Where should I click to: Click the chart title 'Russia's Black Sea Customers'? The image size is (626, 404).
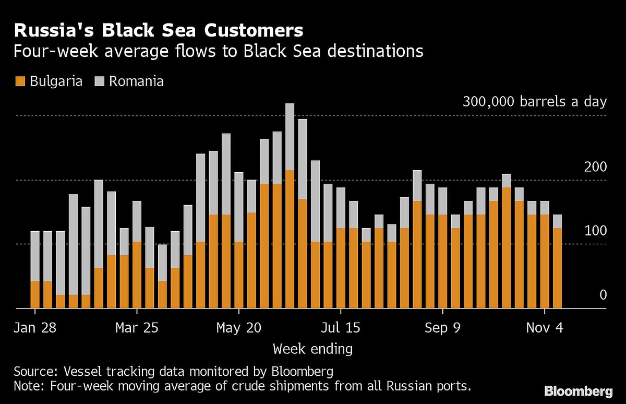158,30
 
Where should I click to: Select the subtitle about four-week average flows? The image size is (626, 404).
218,52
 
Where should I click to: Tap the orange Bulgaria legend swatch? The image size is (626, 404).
20,81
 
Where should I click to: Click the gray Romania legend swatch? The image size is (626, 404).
99,81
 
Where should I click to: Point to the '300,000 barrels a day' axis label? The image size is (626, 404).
534,101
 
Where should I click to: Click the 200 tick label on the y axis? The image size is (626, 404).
595,167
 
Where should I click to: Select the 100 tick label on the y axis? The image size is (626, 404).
595,231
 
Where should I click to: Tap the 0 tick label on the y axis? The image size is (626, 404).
603,295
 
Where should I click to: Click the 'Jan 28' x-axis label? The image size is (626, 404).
35,328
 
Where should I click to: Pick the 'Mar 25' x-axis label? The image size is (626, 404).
137,328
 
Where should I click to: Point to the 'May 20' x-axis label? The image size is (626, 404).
238,328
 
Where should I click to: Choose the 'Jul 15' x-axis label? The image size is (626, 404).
340,328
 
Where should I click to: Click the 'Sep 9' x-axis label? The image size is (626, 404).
442,328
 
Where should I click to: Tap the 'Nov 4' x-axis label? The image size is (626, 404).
544,328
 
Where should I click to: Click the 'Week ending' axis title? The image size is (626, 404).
312,348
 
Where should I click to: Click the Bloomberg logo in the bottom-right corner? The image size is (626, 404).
578,391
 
